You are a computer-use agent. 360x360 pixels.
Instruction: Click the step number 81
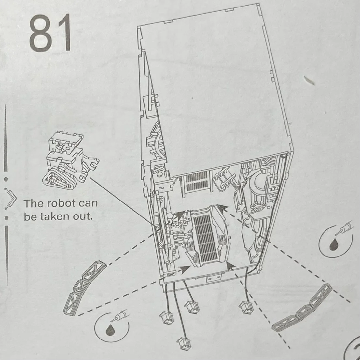point(50,34)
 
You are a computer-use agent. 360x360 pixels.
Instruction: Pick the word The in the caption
point(32,203)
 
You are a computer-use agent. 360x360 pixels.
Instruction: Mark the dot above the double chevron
point(6,179)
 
